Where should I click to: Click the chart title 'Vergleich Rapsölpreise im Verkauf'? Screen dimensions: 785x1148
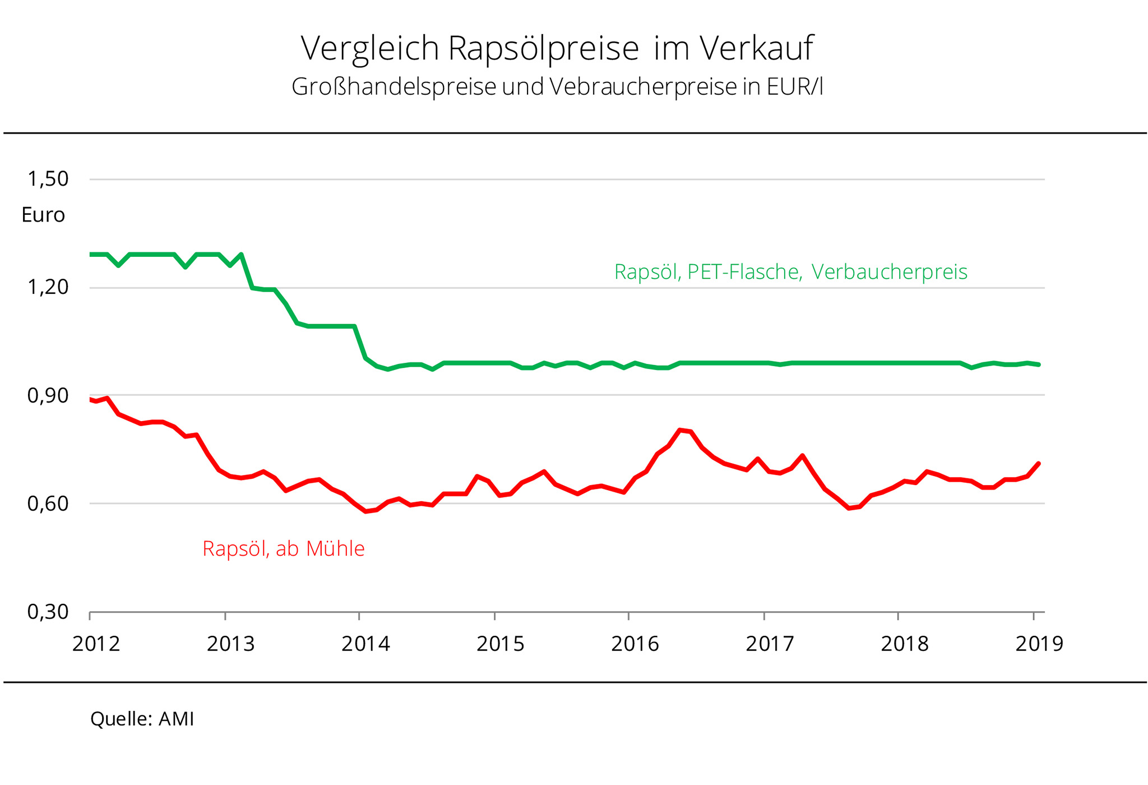557,48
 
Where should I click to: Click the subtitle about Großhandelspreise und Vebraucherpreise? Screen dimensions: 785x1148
557,87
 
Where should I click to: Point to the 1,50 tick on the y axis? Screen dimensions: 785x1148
48,179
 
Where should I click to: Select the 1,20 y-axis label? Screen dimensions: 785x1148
48,287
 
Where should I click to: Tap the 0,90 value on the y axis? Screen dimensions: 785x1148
48,395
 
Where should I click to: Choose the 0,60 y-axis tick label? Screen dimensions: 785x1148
48,504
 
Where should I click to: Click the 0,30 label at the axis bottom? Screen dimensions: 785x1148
48,612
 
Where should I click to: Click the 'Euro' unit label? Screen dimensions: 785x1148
43,215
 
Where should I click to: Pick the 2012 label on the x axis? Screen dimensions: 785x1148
96,644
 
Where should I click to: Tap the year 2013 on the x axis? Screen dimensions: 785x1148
230,644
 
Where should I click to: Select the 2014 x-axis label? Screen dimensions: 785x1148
365,644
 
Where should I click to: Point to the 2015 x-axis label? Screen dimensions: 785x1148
501,644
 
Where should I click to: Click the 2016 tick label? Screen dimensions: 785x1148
635,644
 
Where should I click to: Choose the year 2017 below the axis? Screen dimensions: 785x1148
770,644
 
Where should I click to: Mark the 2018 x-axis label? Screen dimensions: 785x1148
905,644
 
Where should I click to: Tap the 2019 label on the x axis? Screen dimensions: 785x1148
1039,644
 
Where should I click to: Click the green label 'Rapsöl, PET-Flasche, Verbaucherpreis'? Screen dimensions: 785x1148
790,272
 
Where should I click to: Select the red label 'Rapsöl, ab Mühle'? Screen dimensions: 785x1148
283,548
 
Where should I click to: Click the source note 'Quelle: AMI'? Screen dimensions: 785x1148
142,719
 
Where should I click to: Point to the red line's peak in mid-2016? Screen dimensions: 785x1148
680,430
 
